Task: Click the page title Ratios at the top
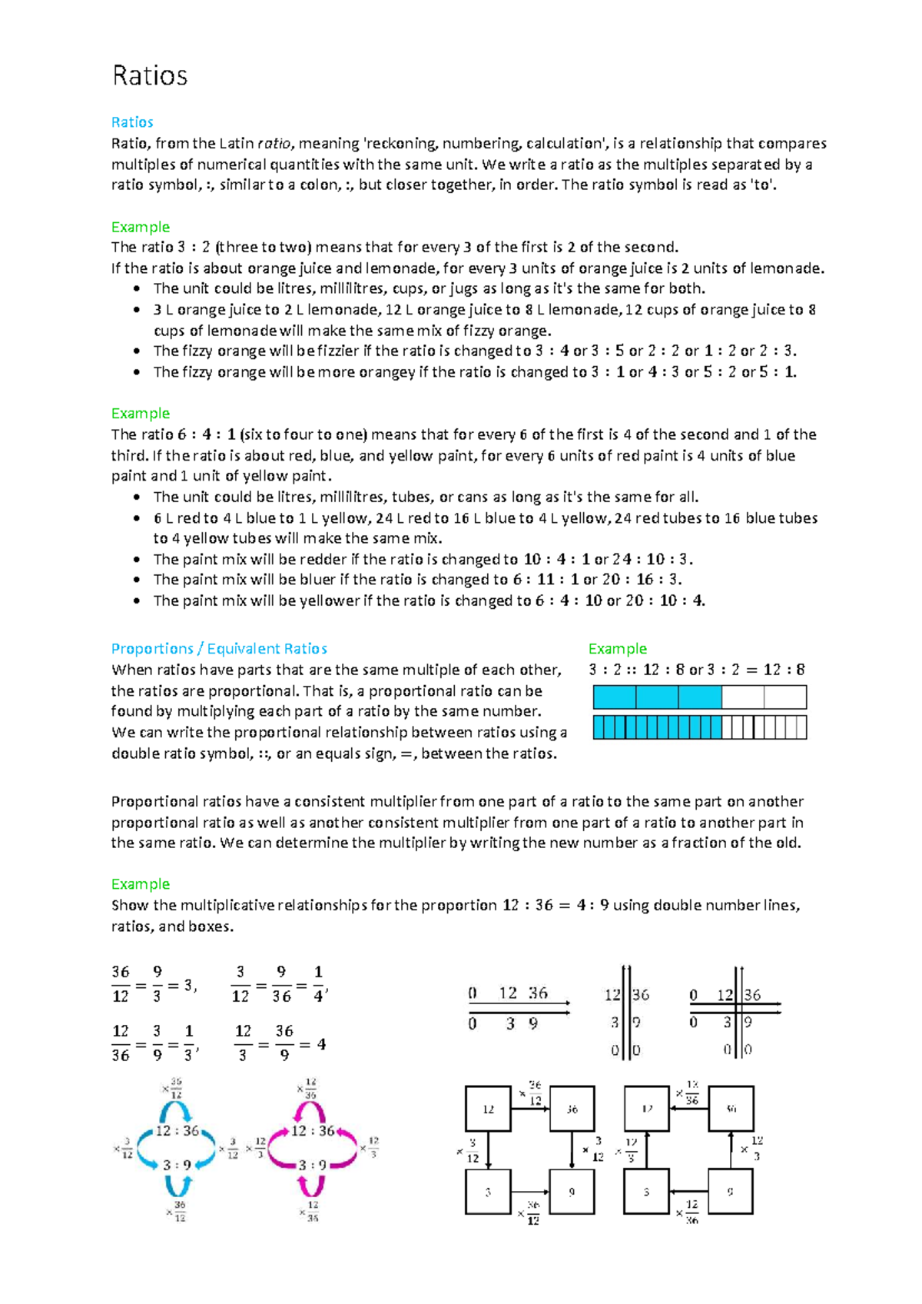(x=150, y=75)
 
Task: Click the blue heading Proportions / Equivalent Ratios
(x=219, y=648)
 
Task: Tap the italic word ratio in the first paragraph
(x=274, y=143)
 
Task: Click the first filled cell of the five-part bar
(x=614, y=697)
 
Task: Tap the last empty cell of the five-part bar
(x=785, y=697)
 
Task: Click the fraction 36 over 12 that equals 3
(x=121, y=983)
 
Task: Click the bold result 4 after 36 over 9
(x=321, y=1044)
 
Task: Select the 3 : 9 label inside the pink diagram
(x=312, y=1165)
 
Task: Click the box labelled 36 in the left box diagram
(x=572, y=1109)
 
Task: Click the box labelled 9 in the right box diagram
(x=730, y=1192)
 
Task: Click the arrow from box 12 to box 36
(x=530, y=1109)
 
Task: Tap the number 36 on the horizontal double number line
(x=538, y=993)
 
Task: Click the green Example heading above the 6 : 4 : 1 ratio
(x=140, y=413)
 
